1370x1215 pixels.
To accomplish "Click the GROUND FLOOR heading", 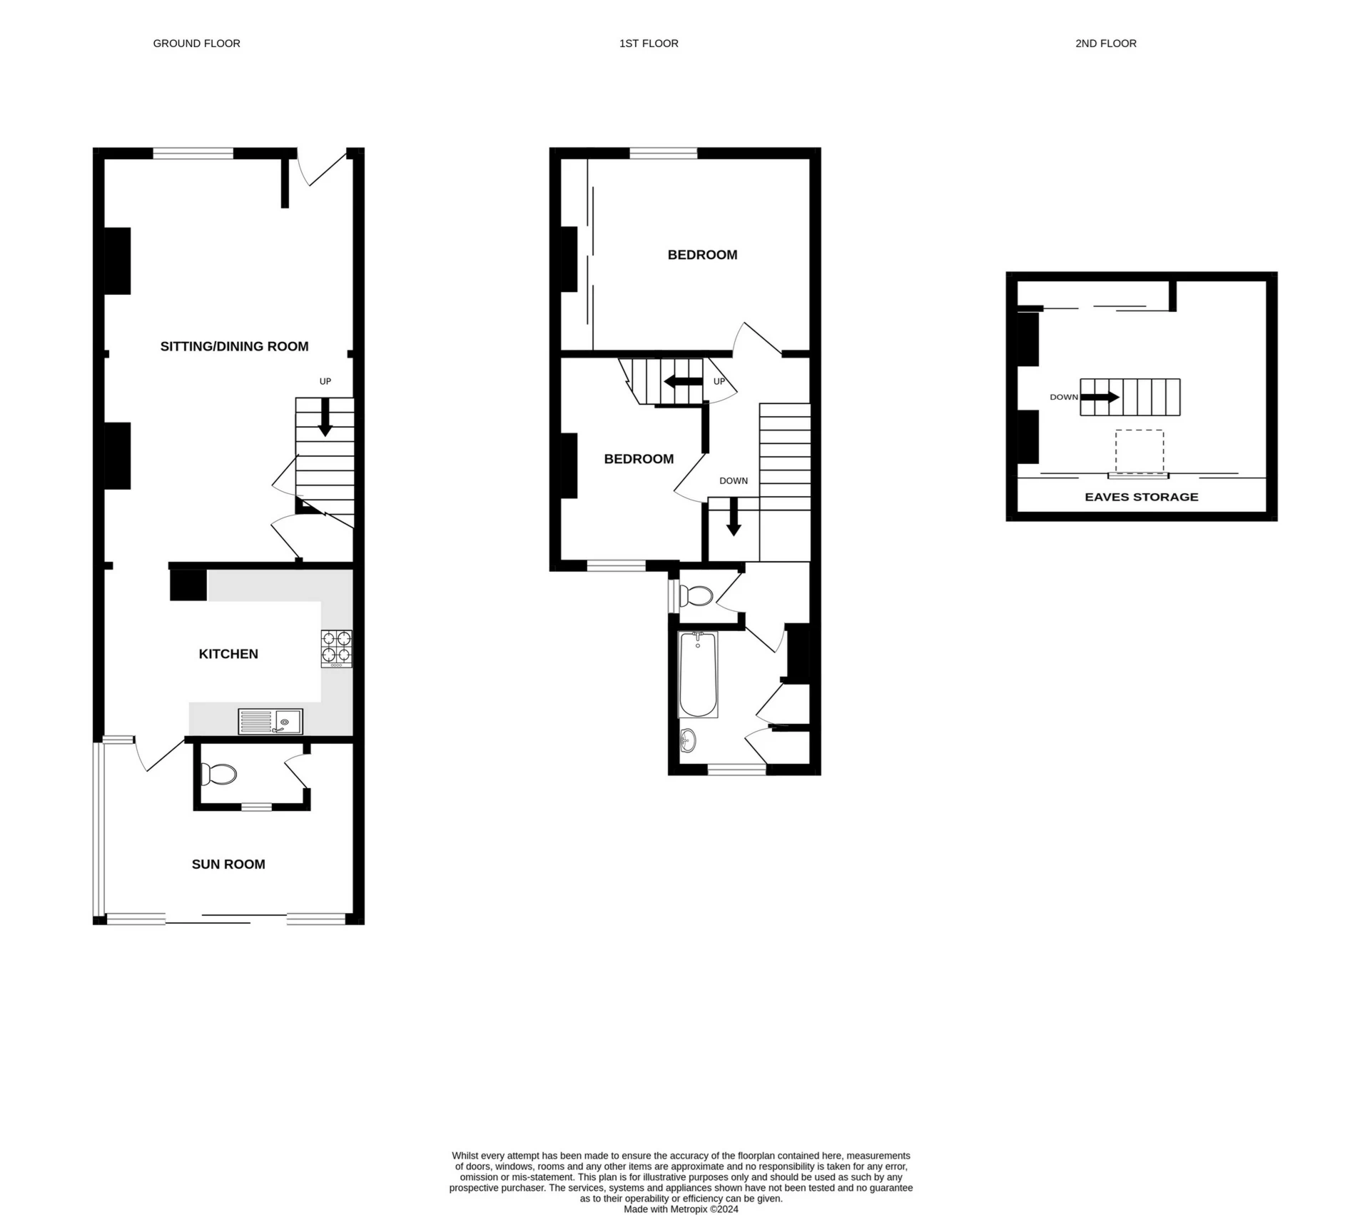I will [x=196, y=44].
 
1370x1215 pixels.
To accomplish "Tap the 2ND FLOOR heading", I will [x=1105, y=44].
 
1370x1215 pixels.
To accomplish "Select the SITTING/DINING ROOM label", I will [x=234, y=347].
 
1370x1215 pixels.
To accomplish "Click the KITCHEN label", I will [x=228, y=654].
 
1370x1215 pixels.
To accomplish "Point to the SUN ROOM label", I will [x=228, y=864].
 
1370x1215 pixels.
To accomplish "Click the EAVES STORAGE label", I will [x=1141, y=497].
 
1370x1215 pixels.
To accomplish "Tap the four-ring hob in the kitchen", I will [x=337, y=647].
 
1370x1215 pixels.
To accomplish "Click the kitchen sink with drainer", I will [x=270, y=722].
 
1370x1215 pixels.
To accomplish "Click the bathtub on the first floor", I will [x=698, y=675].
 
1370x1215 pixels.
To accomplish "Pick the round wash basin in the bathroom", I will [x=688, y=740].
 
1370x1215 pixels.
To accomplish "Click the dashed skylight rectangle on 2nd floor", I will [x=1140, y=451].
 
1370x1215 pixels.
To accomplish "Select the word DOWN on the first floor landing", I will [x=734, y=480].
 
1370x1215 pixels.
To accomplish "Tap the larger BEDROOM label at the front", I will [x=702, y=255].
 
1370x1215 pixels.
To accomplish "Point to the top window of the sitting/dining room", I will [x=193, y=153].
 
